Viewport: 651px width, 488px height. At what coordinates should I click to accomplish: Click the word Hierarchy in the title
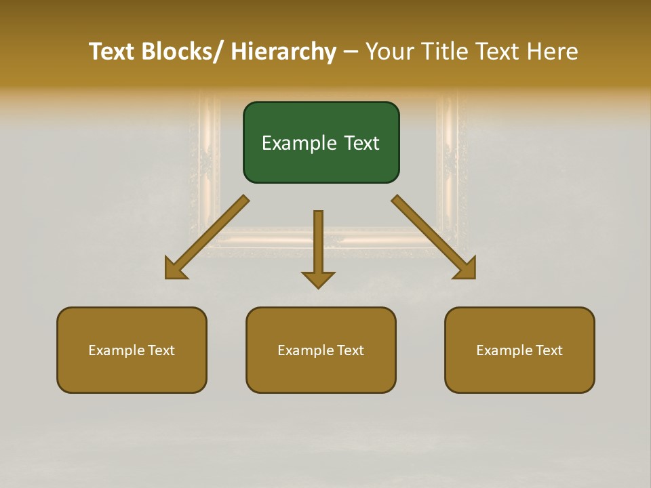click(283, 52)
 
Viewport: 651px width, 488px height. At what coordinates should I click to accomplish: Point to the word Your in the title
click(390, 52)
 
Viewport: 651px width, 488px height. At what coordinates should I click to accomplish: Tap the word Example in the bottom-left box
click(117, 350)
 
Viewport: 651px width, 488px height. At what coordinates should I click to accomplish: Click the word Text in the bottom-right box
click(549, 350)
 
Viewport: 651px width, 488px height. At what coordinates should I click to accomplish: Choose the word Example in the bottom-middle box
click(306, 350)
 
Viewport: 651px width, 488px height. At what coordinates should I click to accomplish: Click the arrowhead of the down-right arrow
click(468, 271)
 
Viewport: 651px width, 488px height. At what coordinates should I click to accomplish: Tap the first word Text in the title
click(112, 52)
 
